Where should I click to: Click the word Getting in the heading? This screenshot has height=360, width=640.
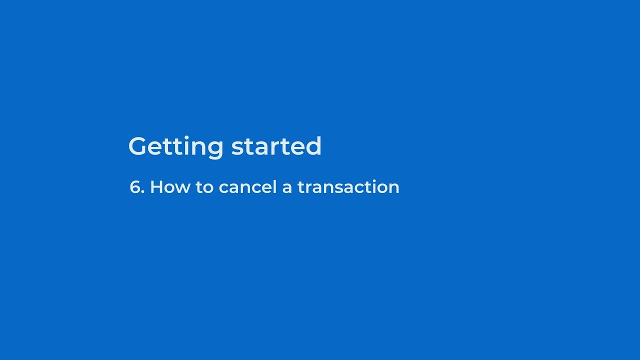click(175, 147)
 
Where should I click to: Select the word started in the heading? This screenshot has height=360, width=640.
click(276, 146)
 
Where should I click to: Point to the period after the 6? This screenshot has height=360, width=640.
click(143, 193)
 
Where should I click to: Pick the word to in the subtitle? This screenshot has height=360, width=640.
click(204, 187)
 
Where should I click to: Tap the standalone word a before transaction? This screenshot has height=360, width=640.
click(287, 189)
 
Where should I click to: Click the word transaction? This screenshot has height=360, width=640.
click(348, 187)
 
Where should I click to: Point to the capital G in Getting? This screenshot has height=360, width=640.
click(139, 146)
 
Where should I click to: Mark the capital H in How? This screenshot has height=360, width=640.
click(156, 187)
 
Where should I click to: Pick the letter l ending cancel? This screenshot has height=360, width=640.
click(275, 186)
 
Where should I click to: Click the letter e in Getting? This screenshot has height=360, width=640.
click(159, 148)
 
